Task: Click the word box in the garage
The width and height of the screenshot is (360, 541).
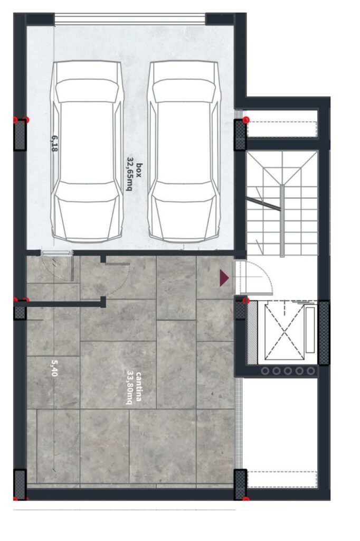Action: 139,170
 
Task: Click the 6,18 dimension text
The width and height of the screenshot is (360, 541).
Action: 54,144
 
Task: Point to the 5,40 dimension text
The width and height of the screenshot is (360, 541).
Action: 54,368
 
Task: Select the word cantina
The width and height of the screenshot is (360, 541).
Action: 139,386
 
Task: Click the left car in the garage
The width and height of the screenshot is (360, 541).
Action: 87,152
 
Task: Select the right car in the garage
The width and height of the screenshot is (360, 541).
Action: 184,152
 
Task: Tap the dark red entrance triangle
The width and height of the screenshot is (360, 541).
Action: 224,278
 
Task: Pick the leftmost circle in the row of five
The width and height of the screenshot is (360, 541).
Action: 265,371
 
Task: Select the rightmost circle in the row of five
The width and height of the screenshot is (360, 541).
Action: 311,371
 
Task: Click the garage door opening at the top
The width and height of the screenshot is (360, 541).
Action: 130,19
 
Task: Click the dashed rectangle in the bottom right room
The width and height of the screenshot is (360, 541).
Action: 282,480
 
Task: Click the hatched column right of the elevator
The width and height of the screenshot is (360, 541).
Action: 324,333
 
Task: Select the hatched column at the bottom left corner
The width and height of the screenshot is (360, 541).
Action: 20,484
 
